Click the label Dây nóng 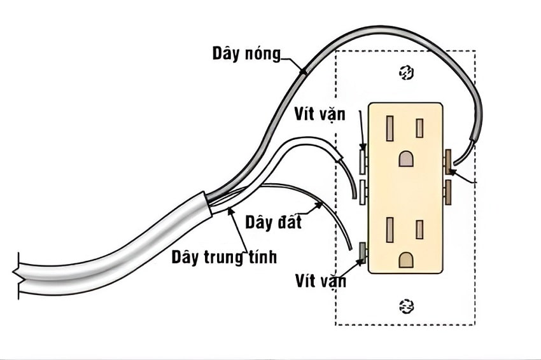(x=246, y=54)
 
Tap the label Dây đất (x=274, y=223)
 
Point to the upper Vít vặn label (x=320, y=115)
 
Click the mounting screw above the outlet (x=405, y=74)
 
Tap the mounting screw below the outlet (x=405, y=306)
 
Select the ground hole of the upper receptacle (x=405, y=158)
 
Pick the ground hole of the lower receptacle (x=405, y=259)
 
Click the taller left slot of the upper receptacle (x=390, y=128)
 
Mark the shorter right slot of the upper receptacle (x=419, y=128)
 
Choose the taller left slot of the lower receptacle (x=390, y=230)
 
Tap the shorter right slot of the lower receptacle (x=419, y=230)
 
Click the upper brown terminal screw (x=449, y=162)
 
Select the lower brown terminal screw (x=449, y=192)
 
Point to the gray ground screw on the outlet (x=363, y=253)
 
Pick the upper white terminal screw (x=362, y=162)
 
